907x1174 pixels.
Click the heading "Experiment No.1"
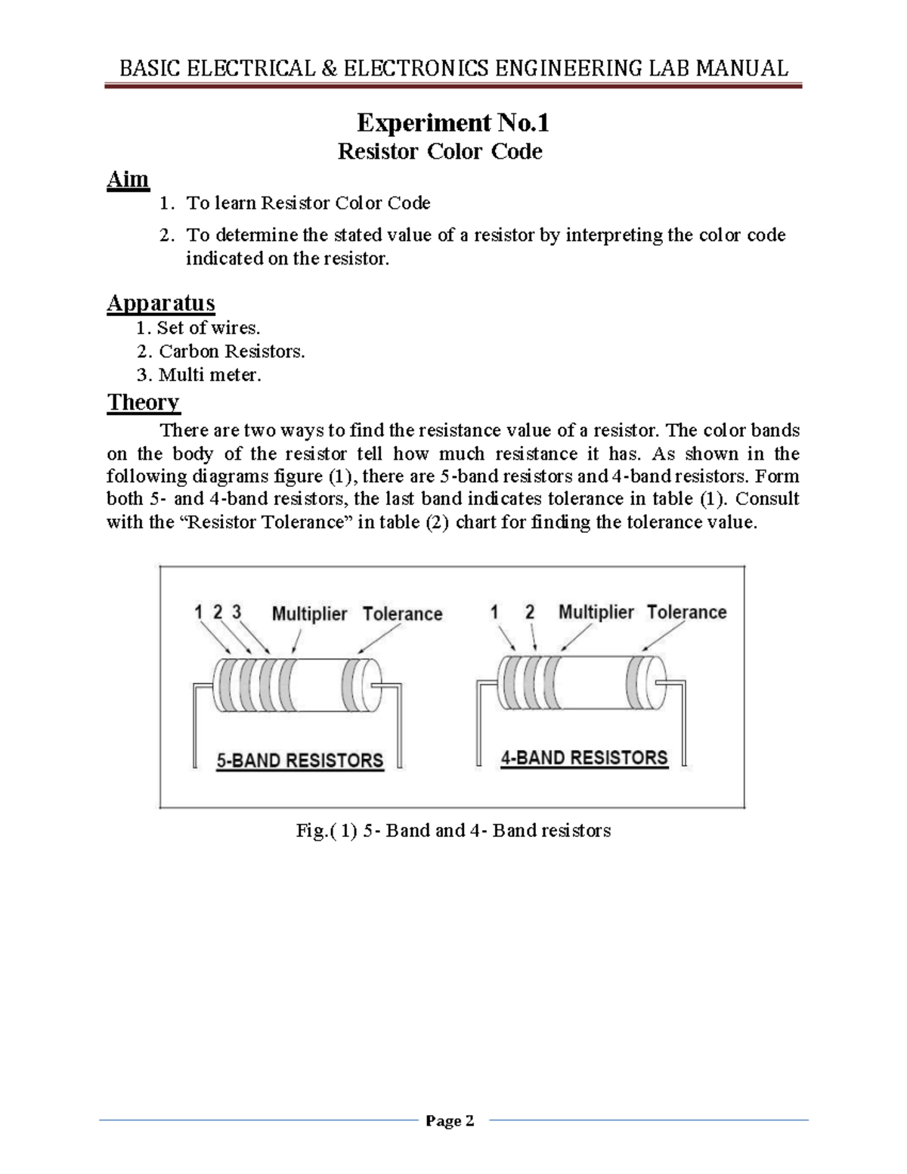point(453,122)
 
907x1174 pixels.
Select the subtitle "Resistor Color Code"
point(440,152)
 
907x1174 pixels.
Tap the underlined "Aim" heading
point(128,180)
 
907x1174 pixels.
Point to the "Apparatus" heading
point(161,303)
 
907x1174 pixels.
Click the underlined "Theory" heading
point(144,402)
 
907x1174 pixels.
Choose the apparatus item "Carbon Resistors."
point(231,352)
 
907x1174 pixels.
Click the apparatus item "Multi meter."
point(209,375)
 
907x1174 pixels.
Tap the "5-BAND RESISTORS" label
point(300,760)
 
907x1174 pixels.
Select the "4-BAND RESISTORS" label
point(584,757)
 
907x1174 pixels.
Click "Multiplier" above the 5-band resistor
point(309,614)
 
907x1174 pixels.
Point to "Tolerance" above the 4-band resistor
point(686,612)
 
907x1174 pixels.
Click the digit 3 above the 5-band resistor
point(237,612)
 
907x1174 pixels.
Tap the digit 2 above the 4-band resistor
point(530,612)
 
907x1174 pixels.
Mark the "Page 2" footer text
point(450,1121)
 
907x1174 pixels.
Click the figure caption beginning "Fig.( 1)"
point(453,831)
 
